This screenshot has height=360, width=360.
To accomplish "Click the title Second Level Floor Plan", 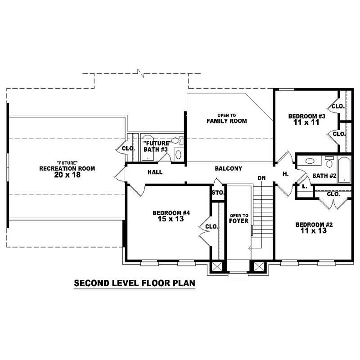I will pyautogui.click(x=134, y=284).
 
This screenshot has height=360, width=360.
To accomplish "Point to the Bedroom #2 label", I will pyautogui.click(x=313, y=225).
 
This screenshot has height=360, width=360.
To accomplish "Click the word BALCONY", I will pyautogui.click(x=228, y=169).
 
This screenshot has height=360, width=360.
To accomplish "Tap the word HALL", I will pyautogui.click(x=155, y=172).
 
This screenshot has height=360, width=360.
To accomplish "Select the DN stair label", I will pyautogui.click(x=262, y=178).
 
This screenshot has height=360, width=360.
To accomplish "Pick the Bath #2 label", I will pyautogui.click(x=324, y=175).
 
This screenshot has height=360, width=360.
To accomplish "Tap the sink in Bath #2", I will pyautogui.click(x=310, y=161).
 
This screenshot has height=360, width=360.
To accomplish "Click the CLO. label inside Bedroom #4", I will pyautogui.click(x=211, y=227).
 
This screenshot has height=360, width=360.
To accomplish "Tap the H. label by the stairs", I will pyautogui.click(x=285, y=174).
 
